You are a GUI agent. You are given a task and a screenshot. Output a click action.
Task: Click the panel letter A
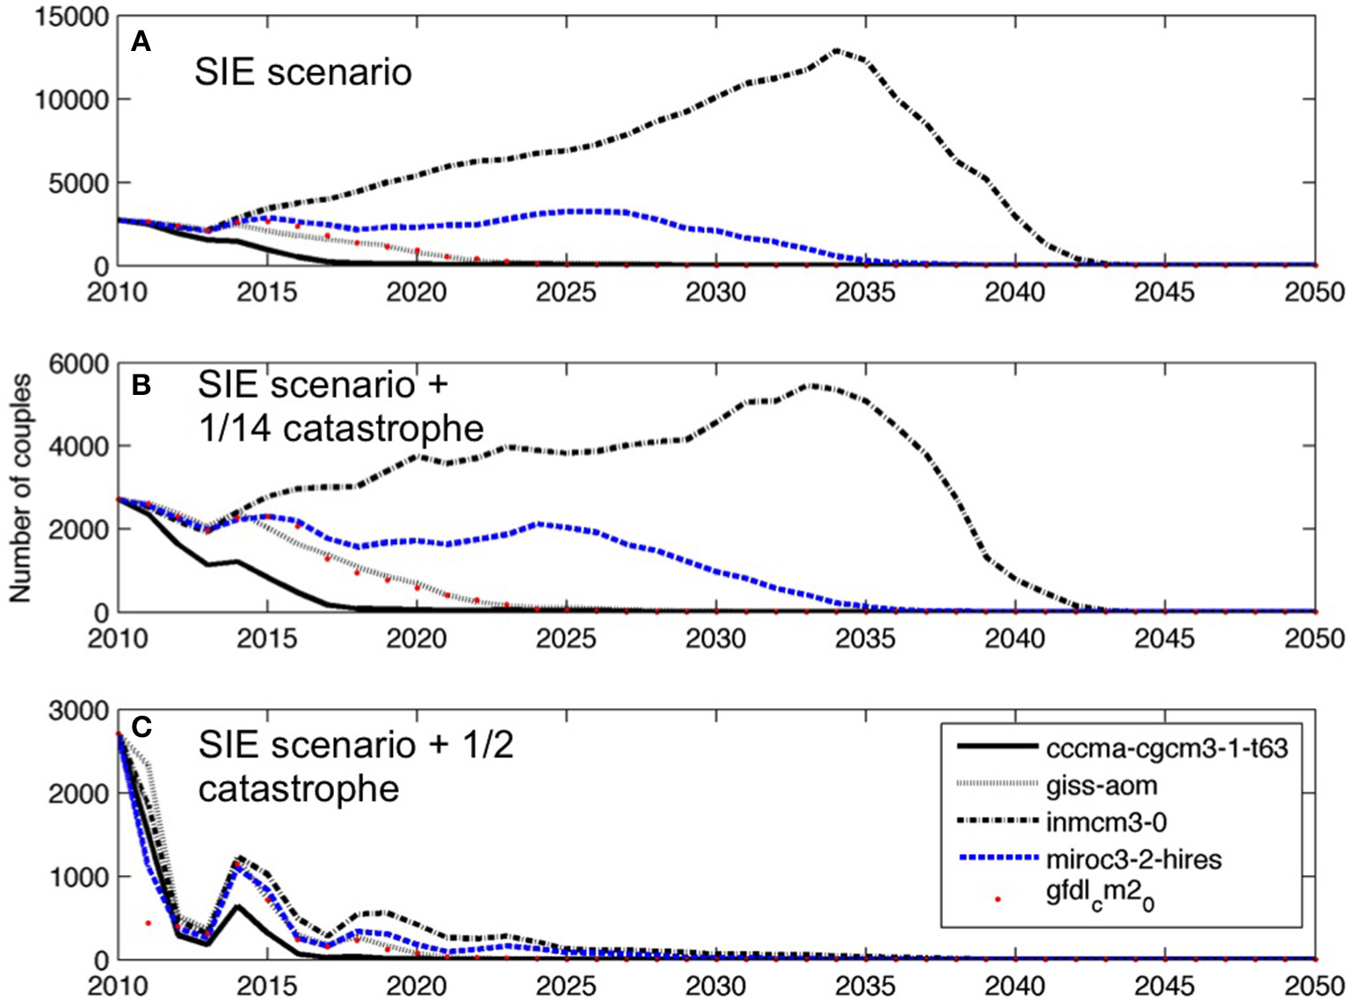[141, 41]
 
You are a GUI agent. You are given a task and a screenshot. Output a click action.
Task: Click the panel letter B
[141, 386]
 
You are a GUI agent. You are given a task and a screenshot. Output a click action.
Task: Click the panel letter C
[141, 727]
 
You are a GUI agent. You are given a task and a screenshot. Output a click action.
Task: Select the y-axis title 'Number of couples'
[20, 488]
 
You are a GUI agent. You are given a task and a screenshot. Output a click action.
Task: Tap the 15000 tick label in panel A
[72, 18]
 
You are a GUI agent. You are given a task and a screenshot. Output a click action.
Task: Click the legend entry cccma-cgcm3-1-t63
[1166, 748]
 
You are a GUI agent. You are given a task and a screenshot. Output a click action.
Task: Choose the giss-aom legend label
[1101, 785]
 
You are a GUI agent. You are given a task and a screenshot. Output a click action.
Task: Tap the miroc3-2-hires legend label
[1134, 858]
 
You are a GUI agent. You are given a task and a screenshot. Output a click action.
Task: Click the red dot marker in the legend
[997, 899]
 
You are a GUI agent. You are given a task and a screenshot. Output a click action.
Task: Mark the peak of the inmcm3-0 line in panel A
[836, 51]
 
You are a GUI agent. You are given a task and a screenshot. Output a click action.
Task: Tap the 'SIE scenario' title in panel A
[303, 71]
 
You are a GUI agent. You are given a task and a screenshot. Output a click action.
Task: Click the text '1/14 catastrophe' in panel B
[341, 428]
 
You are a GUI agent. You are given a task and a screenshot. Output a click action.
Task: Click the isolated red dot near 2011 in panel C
[148, 923]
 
